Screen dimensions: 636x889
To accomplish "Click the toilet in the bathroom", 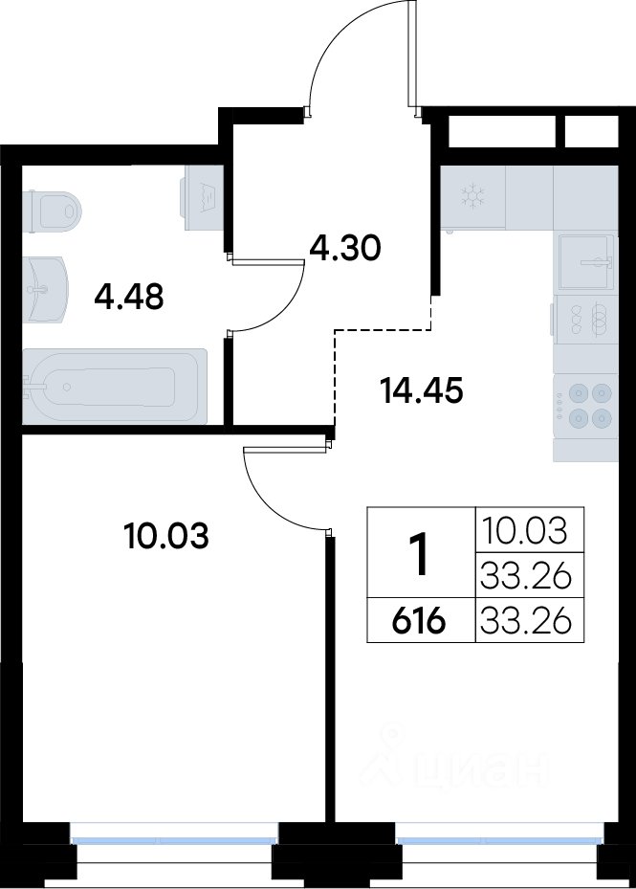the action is (53, 211).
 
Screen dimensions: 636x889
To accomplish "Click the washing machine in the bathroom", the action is (202, 197).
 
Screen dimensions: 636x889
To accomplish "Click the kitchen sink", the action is (586, 262).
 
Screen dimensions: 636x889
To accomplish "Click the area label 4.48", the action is (129, 297).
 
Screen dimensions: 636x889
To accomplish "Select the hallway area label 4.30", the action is (344, 249).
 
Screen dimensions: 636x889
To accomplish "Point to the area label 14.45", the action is (423, 390).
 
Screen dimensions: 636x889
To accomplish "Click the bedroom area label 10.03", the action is (166, 536).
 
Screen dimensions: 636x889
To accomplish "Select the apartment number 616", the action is (419, 622).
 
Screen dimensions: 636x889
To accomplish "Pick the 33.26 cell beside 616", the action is (524, 621).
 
